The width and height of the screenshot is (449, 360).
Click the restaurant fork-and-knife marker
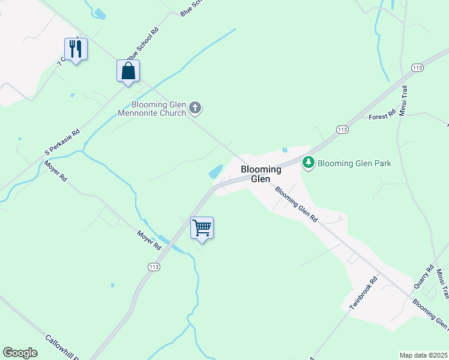pos(76,49)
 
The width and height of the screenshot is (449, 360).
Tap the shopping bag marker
pos(128,71)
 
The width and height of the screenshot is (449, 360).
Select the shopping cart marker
pos(202,227)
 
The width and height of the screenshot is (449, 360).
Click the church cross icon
pos(195,108)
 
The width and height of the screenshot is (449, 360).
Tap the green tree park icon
pos(309,163)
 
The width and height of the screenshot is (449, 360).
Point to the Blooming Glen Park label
pos(354,163)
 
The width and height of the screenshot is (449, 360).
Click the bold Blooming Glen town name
pos(261,174)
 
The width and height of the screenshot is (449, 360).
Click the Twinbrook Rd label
pos(364,293)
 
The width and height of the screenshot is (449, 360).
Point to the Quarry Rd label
pos(423,277)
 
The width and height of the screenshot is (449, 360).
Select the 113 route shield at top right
pos(418,68)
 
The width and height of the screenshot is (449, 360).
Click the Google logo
pos(20,353)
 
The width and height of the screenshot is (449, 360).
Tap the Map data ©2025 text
pos(424,355)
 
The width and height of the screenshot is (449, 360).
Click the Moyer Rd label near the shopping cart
pos(149,241)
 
